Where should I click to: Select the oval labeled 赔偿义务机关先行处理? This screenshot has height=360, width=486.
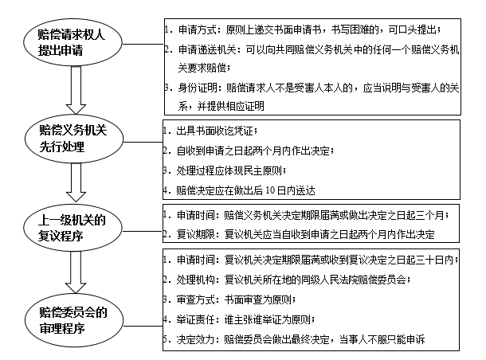[x=77, y=139]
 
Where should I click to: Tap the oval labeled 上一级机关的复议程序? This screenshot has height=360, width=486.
[x=77, y=226]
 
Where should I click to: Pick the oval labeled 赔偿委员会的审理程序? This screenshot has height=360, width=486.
[x=77, y=318]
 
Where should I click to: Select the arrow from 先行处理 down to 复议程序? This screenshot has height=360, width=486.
[x=77, y=184]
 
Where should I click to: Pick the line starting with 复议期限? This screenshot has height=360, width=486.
[x=303, y=235]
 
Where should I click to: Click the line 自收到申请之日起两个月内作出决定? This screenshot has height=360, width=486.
[x=255, y=150]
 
